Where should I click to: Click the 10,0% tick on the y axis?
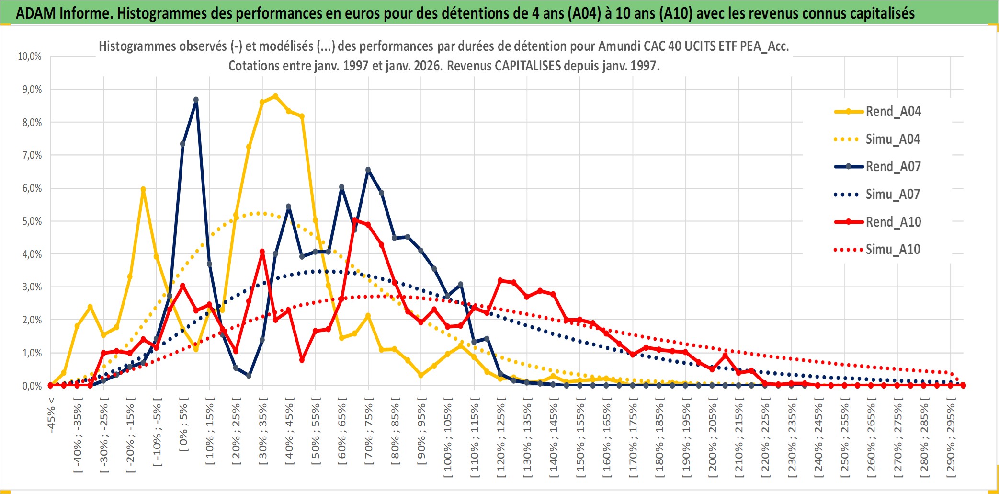pyautogui.click(x=30, y=57)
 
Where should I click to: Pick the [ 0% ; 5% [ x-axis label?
pyautogui.click(x=184, y=426)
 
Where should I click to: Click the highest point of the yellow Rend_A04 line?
pyautogui.click(x=275, y=96)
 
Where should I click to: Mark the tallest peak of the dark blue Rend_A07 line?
pyautogui.click(x=196, y=100)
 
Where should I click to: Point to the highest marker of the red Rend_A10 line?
pyautogui.click(x=355, y=220)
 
